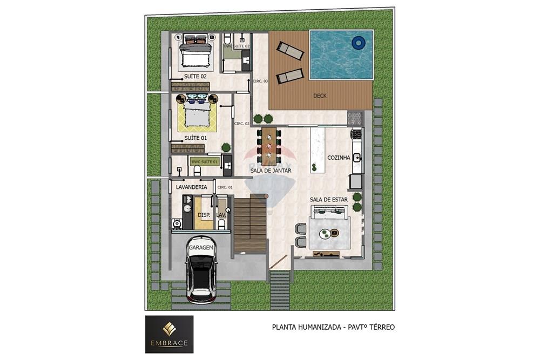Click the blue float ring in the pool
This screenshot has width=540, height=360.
pos(358,42)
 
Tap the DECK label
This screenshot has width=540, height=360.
pos(320,96)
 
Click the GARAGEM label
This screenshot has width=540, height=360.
pos(201,247)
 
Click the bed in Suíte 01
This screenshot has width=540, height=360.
pos(197,113)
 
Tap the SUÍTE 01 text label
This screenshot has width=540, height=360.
pos(195,138)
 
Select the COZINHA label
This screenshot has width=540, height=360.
pos(339,158)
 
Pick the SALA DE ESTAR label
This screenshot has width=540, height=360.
pos(328,199)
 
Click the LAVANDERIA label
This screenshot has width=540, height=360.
pos(192,187)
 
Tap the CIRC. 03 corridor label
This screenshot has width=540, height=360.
pos(260,81)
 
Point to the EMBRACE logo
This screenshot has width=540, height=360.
pos(169,334)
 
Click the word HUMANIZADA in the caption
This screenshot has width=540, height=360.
pos(319,327)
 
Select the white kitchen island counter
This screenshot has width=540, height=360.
pos(316,150)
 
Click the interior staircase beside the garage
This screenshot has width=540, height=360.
pos(250,224)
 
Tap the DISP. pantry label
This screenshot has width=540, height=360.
pos(204,215)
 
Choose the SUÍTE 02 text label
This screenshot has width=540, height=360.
pos(195,77)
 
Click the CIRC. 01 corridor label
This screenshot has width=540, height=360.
pos(224,187)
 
